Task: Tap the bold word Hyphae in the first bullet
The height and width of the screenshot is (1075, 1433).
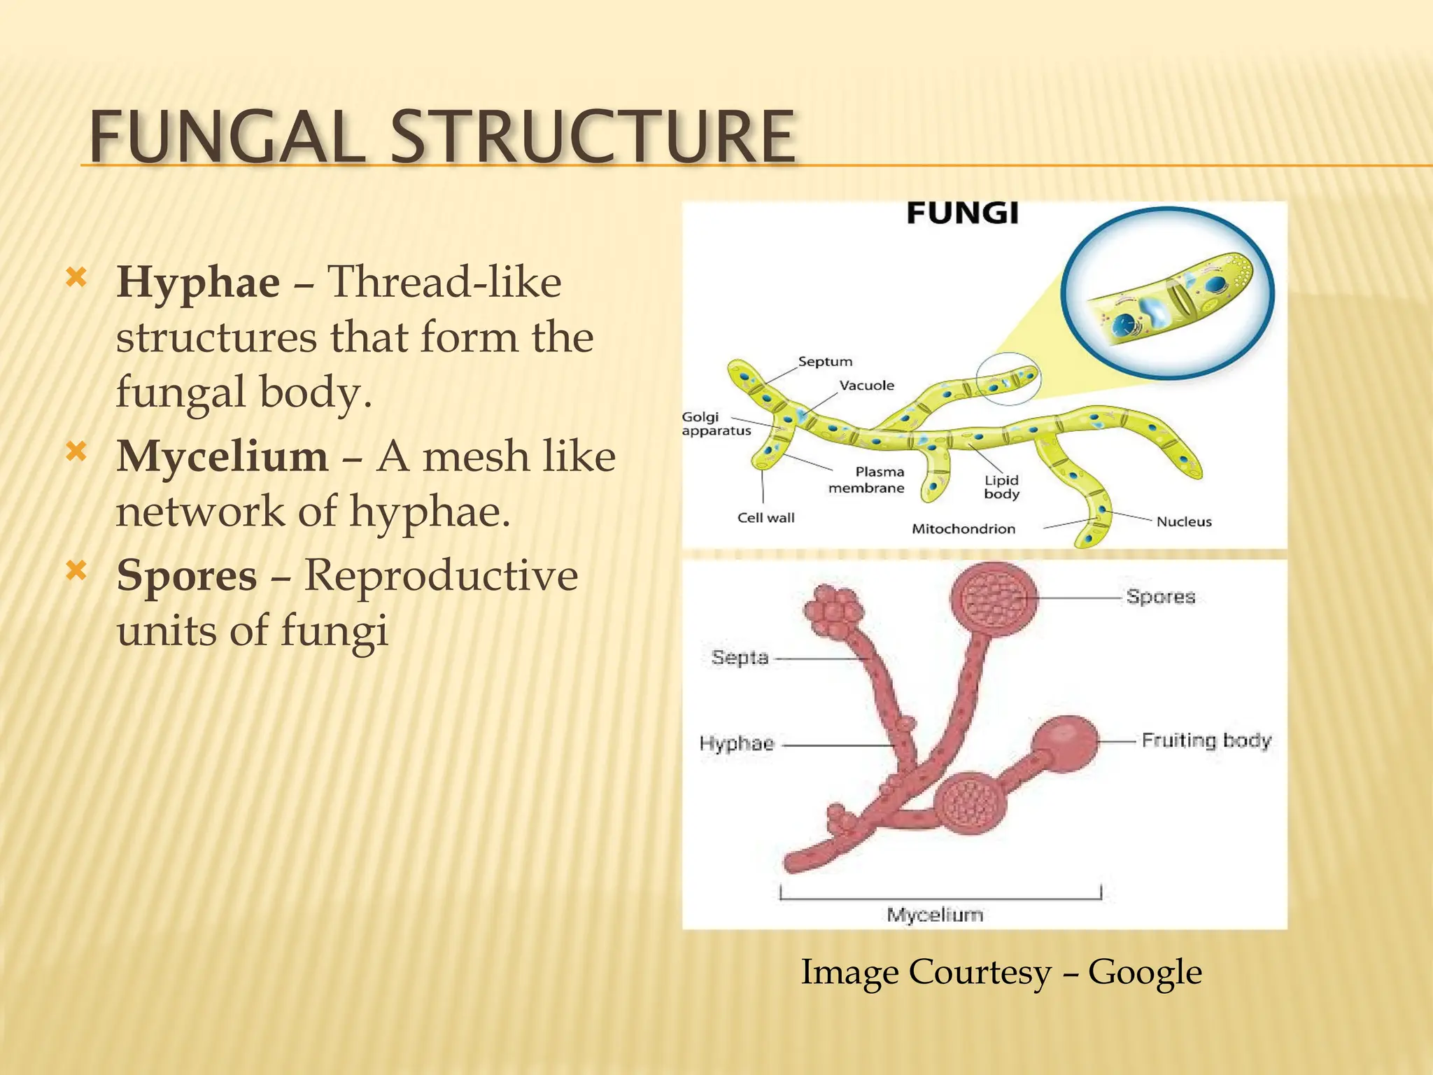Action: coord(198,282)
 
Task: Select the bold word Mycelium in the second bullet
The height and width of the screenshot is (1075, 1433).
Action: coord(222,456)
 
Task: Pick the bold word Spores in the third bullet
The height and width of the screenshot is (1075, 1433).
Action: coord(187,576)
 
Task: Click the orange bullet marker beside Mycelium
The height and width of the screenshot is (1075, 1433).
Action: coord(76,452)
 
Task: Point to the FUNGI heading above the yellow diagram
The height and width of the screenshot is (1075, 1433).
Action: coord(962,213)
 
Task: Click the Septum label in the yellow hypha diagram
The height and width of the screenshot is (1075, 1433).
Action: coord(825,362)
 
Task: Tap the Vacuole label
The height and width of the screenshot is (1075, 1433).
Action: coord(866,386)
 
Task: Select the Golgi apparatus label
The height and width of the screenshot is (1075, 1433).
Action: coord(715,424)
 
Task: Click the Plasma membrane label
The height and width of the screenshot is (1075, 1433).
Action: coord(866,480)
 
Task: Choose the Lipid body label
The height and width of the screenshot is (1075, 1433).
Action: coord(1001,487)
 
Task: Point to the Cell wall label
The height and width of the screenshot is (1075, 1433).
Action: coord(765,518)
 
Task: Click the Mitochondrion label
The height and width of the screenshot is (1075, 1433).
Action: coord(963,529)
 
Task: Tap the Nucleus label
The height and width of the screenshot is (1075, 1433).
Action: coord(1183,521)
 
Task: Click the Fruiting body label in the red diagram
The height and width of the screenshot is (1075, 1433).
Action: coord(1206,740)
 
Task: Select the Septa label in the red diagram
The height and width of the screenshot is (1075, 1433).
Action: coord(740,658)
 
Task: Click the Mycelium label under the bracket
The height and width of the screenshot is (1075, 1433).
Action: coord(935,915)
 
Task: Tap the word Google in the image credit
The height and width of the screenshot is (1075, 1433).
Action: coord(1145,972)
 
